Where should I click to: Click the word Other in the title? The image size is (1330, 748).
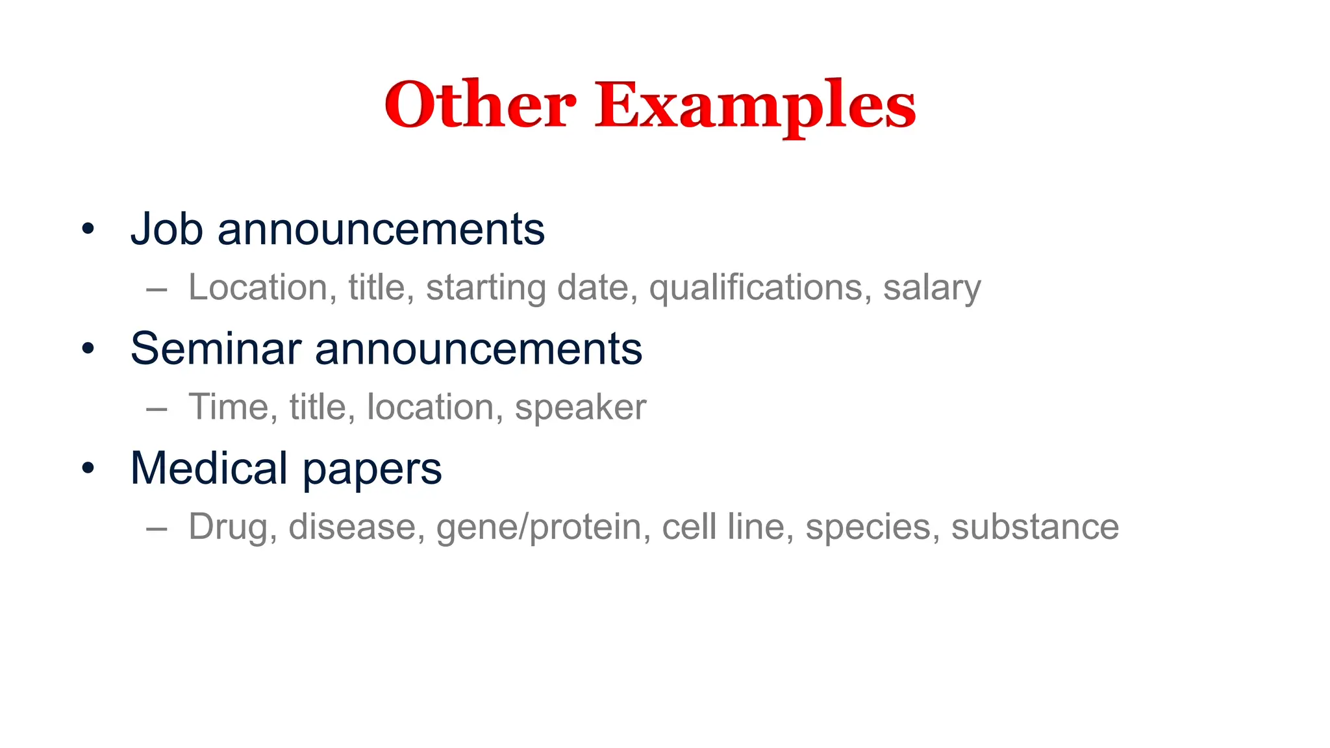pyautogui.click(x=480, y=105)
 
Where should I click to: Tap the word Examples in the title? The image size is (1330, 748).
pyautogui.click(x=755, y=105)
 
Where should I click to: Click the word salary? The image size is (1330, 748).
pyautogui.click(x=932, y=288)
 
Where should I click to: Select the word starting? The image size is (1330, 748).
pyautogui.click(x=486, y=288)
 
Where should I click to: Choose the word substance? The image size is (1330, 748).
pyautogui.click(x=1035, y=527)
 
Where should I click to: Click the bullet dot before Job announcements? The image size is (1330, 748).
pyautogui.click(x=88, y=229)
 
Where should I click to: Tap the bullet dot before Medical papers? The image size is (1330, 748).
pyautogui.click(x=88, y=468)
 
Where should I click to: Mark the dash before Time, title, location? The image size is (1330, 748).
pyautogui.click(x=157, y=408)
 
